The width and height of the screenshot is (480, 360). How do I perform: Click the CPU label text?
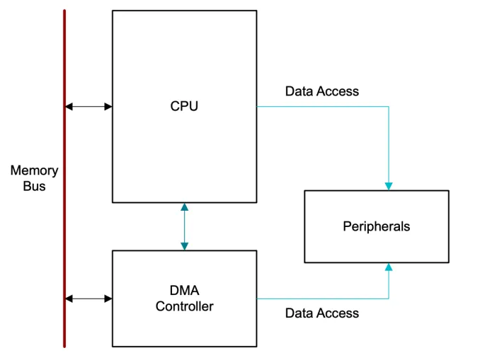click(184, 107)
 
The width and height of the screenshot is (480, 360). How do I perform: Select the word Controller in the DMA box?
click(184, 307)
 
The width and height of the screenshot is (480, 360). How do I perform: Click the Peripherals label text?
click(376, 227)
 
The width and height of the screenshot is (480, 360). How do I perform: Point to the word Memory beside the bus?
click(34, 171)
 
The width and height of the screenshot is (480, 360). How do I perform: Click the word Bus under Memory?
click(34, 187)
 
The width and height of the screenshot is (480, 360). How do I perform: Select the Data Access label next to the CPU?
click(321, 91)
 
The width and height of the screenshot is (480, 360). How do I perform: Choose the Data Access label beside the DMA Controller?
click(321, 313)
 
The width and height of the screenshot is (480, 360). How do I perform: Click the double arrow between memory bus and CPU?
click(88, 107)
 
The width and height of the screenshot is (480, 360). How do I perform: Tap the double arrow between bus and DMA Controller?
click(88, 298)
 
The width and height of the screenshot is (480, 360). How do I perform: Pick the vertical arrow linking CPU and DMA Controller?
click(185, 226)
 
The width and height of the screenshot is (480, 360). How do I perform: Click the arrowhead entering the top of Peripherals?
click(388, 186)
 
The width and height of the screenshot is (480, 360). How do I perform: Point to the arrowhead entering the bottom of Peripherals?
click(388, 267)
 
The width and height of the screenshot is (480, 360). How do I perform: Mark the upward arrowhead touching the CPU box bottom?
click(185, 207)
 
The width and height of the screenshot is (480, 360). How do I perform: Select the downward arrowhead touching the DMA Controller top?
click(185, 245)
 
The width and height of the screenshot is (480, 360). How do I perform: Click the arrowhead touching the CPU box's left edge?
click(108, 107)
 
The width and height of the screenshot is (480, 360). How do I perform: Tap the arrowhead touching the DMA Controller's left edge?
click(108, 298)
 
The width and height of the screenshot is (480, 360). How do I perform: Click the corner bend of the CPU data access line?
click(388, 107)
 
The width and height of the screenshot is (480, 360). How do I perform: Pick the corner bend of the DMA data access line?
click(388, 298)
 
